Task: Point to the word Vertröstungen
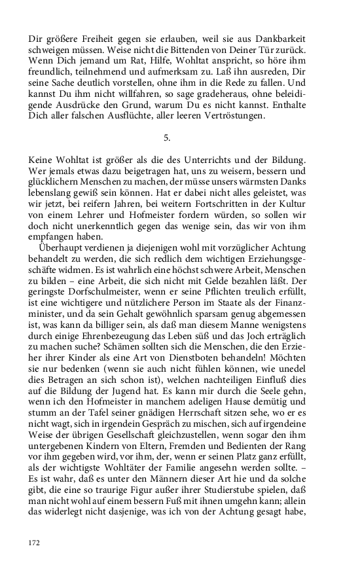[x=206, y=116]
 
